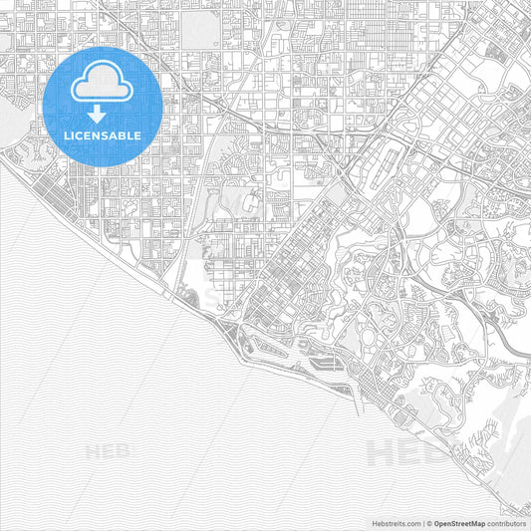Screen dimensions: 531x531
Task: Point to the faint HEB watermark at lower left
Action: [109, 451]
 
